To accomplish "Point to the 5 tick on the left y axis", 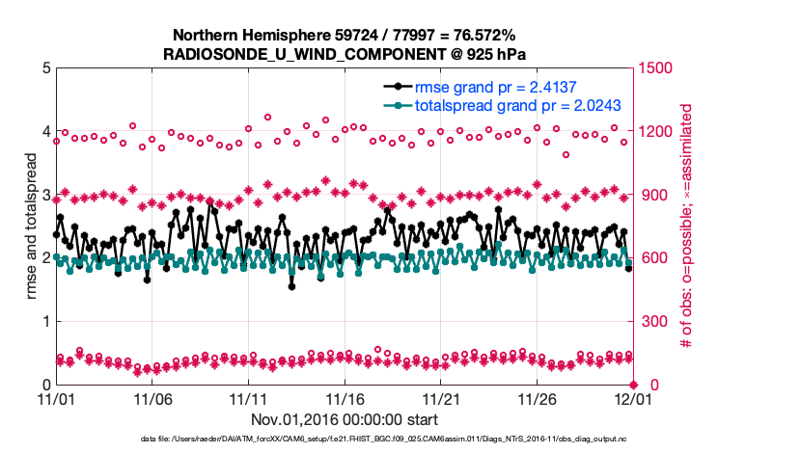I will point(45,68).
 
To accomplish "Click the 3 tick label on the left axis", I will point(45,195).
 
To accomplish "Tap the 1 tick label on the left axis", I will point(45,321).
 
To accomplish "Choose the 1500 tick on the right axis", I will point(658,68).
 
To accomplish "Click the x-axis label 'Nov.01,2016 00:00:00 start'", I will point(344,420).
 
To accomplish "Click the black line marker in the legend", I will point(393,87).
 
